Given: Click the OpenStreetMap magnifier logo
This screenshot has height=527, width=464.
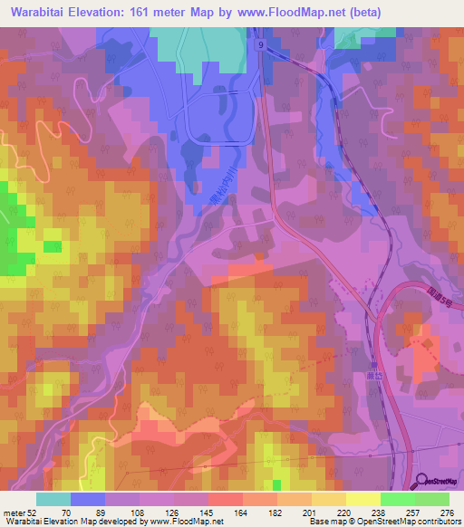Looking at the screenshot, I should (x=422, y=482).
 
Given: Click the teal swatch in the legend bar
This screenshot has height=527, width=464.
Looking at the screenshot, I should (x=53, y=499).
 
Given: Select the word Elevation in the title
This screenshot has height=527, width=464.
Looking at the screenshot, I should (x=111, y=12).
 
